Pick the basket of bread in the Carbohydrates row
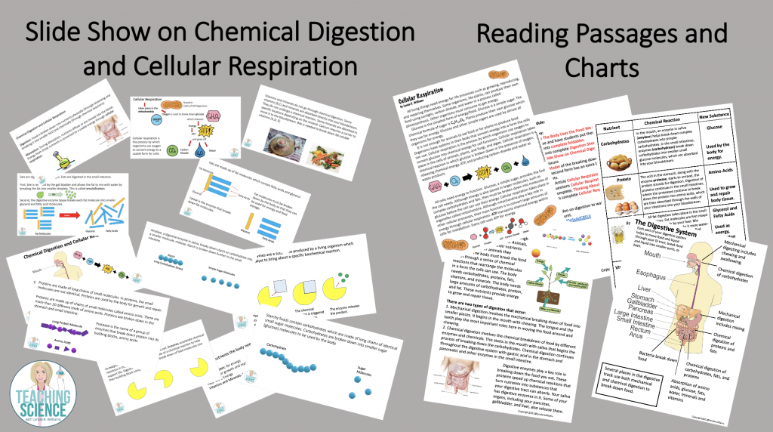[x=625, y=162]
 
